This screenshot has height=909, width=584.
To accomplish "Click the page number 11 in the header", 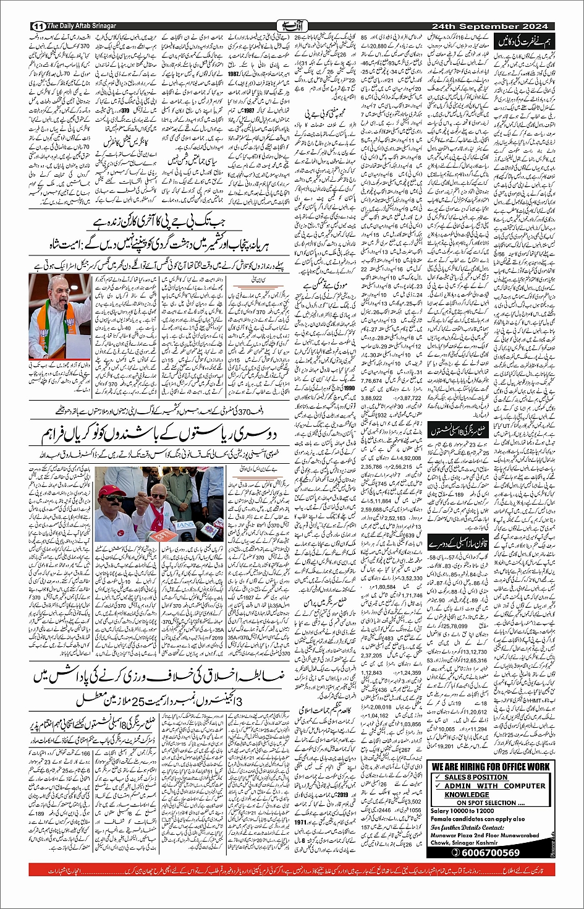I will (38, 26).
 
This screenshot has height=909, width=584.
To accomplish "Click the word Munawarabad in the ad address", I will (522, 834).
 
